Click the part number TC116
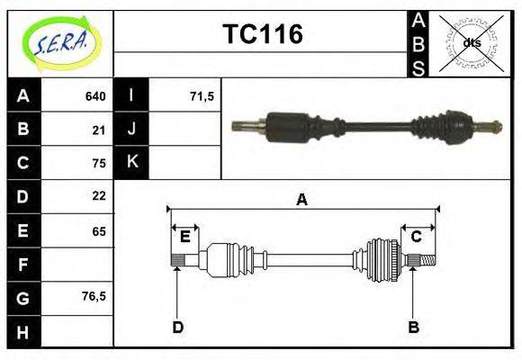point(262,35)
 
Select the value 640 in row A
point(95,96)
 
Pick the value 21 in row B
point(99,130)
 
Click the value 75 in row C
point(99,163)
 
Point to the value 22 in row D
point(99,195)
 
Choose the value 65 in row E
point(99,231)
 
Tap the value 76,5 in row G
point(94,295)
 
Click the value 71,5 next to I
point(202,96)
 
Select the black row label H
point(23,332)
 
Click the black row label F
point(23,265)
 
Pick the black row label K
point(131,162)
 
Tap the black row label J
point(131,130)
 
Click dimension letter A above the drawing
point(302,200)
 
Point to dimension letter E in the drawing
point(184,237)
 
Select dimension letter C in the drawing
point(417,237)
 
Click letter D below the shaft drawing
point(177,327)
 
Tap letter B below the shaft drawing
point(413,327)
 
